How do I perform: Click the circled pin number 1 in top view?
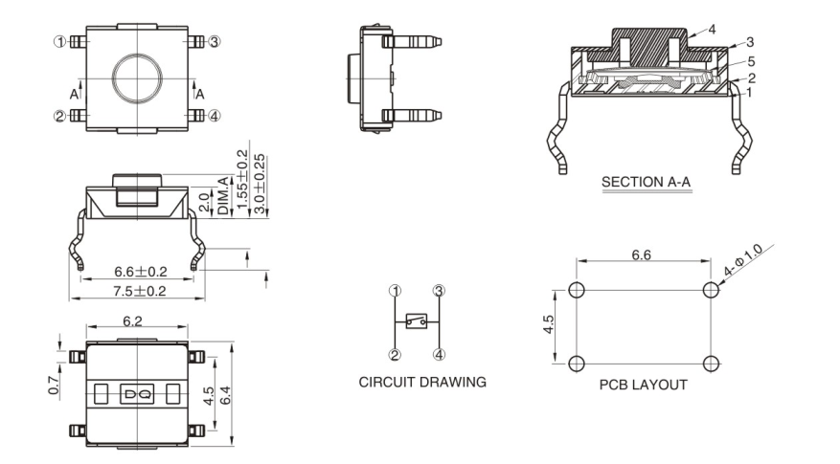coord(60,41)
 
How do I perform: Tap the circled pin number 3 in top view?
coord(215,41)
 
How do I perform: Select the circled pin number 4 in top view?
coord(215,116)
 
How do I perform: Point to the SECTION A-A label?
coord(646,181)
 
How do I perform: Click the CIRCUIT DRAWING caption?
coord(422,382)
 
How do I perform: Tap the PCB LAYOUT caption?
coord(643,385)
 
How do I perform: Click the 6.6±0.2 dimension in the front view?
coord(141,271)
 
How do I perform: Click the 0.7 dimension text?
coord(55,385)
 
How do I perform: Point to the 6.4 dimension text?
coord(226,392)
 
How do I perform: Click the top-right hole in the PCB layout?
coord(710,290)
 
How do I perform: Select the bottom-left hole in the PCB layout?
coord(577,363)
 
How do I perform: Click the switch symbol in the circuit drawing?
coord(417,322)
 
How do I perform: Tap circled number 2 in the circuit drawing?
coord(395,354)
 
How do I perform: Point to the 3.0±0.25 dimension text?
coord(260,183)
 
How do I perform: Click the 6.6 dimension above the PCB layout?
coord(642,255)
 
